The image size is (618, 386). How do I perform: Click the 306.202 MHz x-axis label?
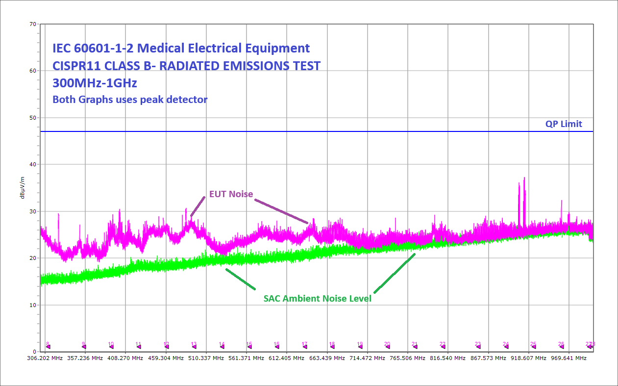pyautogui.click(x=45, y=359)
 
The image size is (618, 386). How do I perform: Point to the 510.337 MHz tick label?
pyautogui.click(x=206, y=359)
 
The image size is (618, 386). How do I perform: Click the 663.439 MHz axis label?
pyautogui.click(x=326, y=359)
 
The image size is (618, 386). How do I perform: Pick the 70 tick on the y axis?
pyautogui.click(x=32, y=24)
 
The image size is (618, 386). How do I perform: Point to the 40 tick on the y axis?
pyautogui.click(x=32, y=164)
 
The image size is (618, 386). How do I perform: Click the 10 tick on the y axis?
pyautogui.click(x=32, y=305)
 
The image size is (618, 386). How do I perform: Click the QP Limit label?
pyautogui.click(x=564, y=124)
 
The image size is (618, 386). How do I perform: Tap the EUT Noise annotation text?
pyautogui.click(x=231, y=194)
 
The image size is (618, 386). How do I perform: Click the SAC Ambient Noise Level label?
pyautogui.click(x=317, y=298)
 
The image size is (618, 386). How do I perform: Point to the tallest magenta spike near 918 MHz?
pyautogui.click(x=524, y=179)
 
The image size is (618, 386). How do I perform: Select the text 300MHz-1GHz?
pyautogui.click(x=95, y=82)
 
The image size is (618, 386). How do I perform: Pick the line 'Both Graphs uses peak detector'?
pyautogui.click(x=130, y=100)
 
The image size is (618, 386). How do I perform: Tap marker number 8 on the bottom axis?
pyautogui.click(x=48, y=344)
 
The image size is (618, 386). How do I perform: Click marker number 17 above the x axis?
pyautogui.click(x=304, y=344)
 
